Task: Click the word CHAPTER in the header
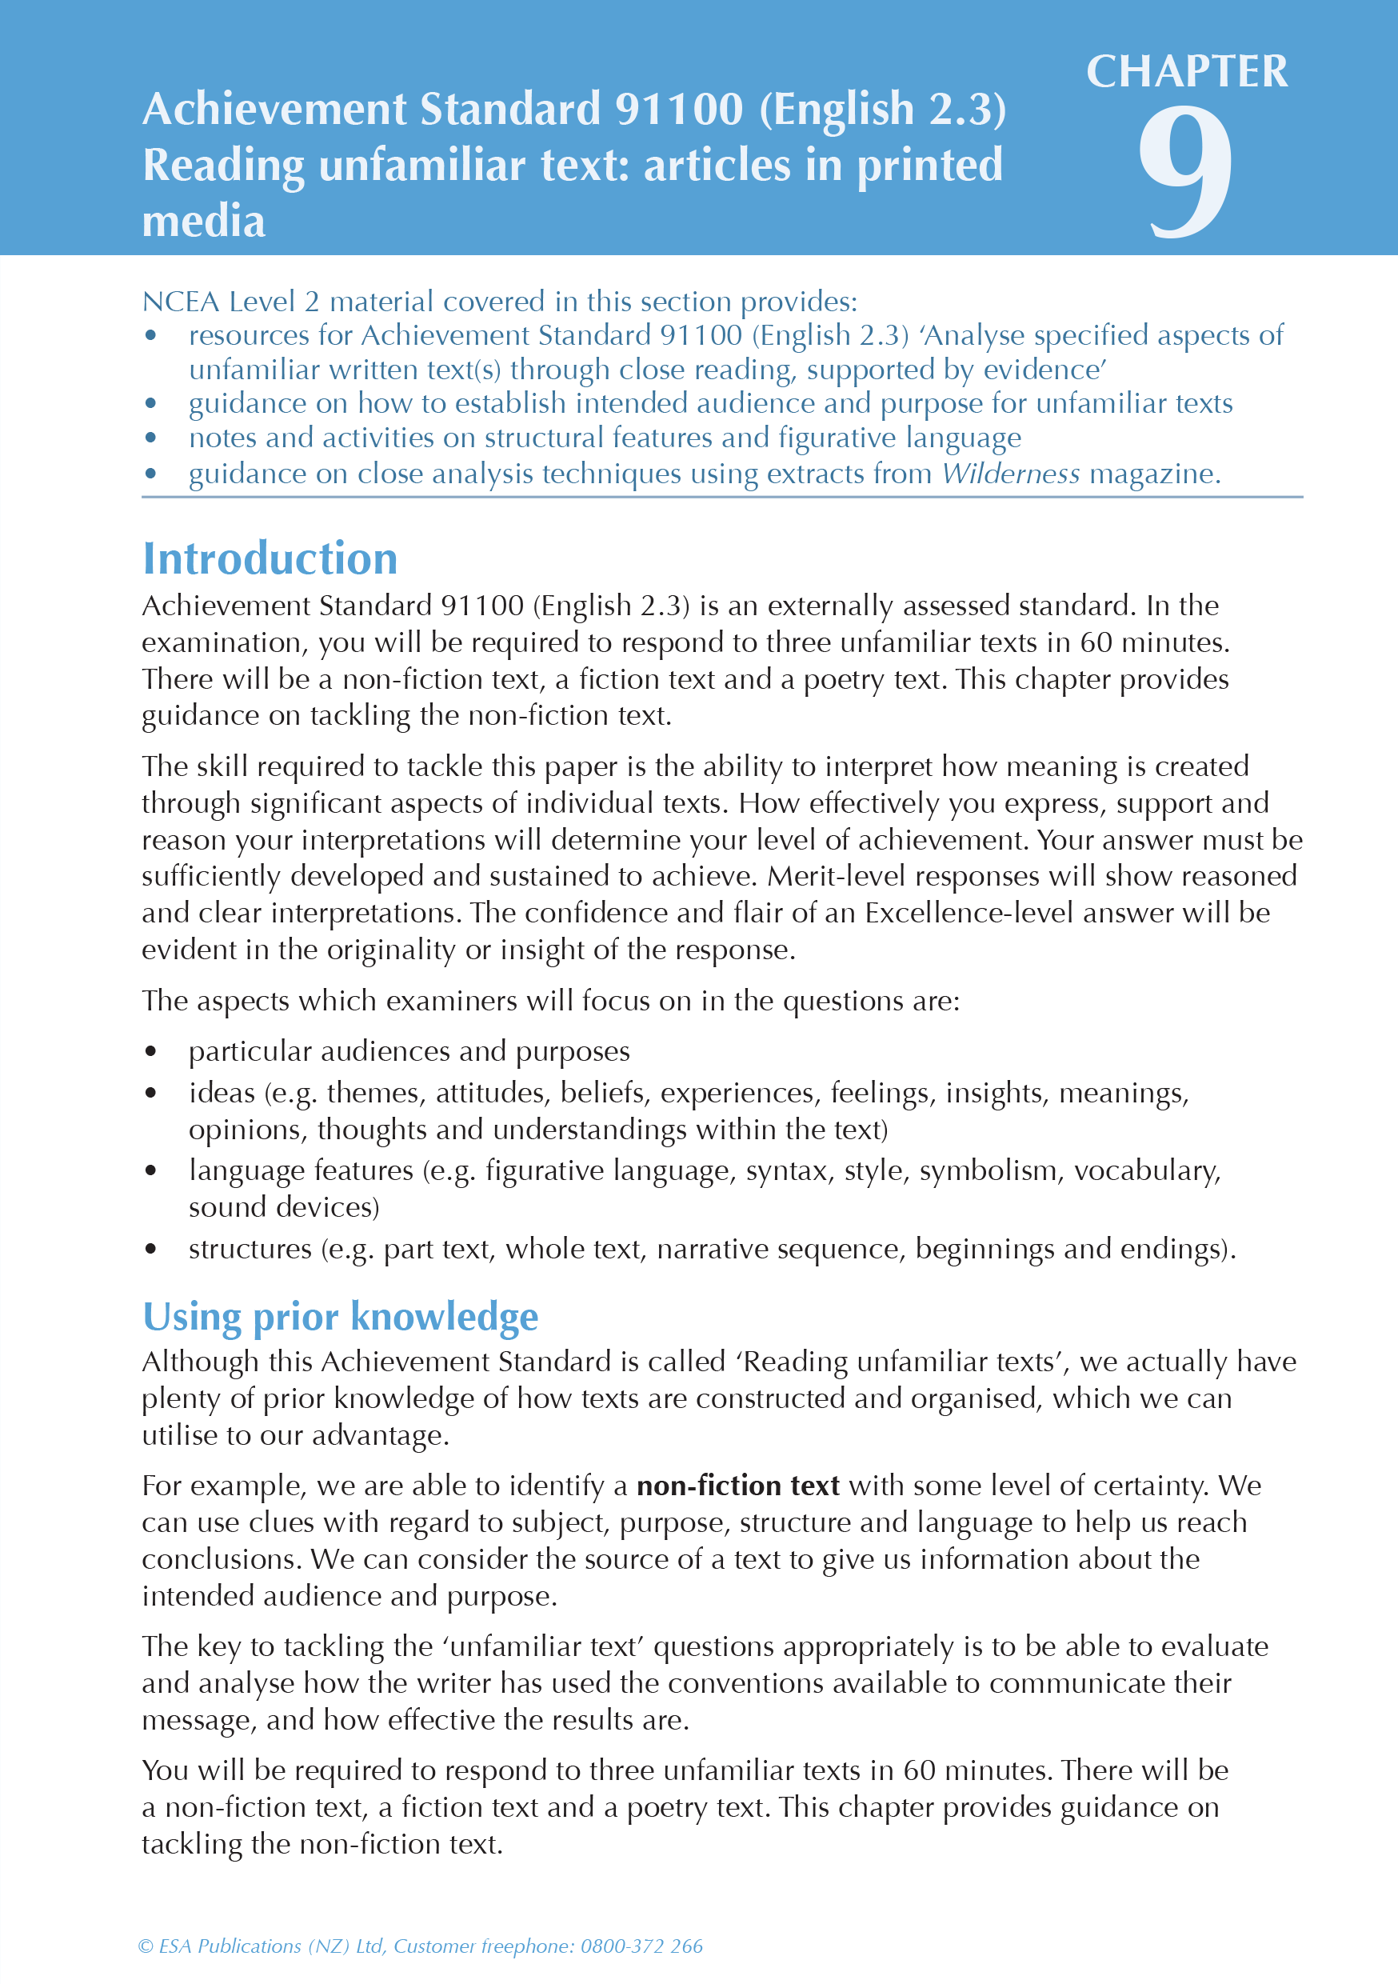pos(1186,72)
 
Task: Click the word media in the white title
pos(203,222)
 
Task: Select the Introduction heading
pos(270,558)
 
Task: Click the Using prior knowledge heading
pos(341,1316)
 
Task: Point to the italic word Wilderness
pos(1010,474)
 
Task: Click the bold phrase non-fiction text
pos(738,1486)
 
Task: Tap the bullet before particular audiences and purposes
pos(151,1052)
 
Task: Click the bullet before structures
pos(151,1249)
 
